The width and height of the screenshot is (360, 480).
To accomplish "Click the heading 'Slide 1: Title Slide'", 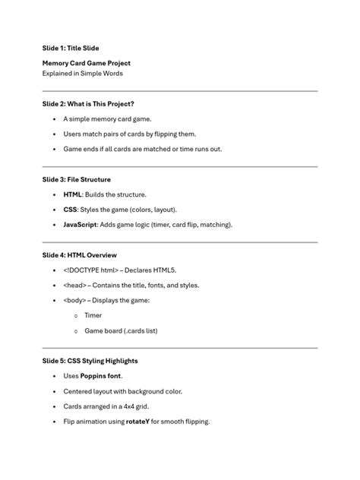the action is click(71, 48).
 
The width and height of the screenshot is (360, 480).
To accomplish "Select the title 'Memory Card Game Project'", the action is click(86, 63).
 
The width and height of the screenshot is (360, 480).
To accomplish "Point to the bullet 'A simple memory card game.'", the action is click(107, 119).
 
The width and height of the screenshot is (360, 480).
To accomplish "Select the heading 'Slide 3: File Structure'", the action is click(77, 179).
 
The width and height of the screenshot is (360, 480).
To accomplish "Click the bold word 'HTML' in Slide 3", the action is click(73, 194).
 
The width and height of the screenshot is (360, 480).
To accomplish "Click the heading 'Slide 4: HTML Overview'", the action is click(79, 255).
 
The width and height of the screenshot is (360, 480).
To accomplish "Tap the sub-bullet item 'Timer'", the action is click(93, 315).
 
